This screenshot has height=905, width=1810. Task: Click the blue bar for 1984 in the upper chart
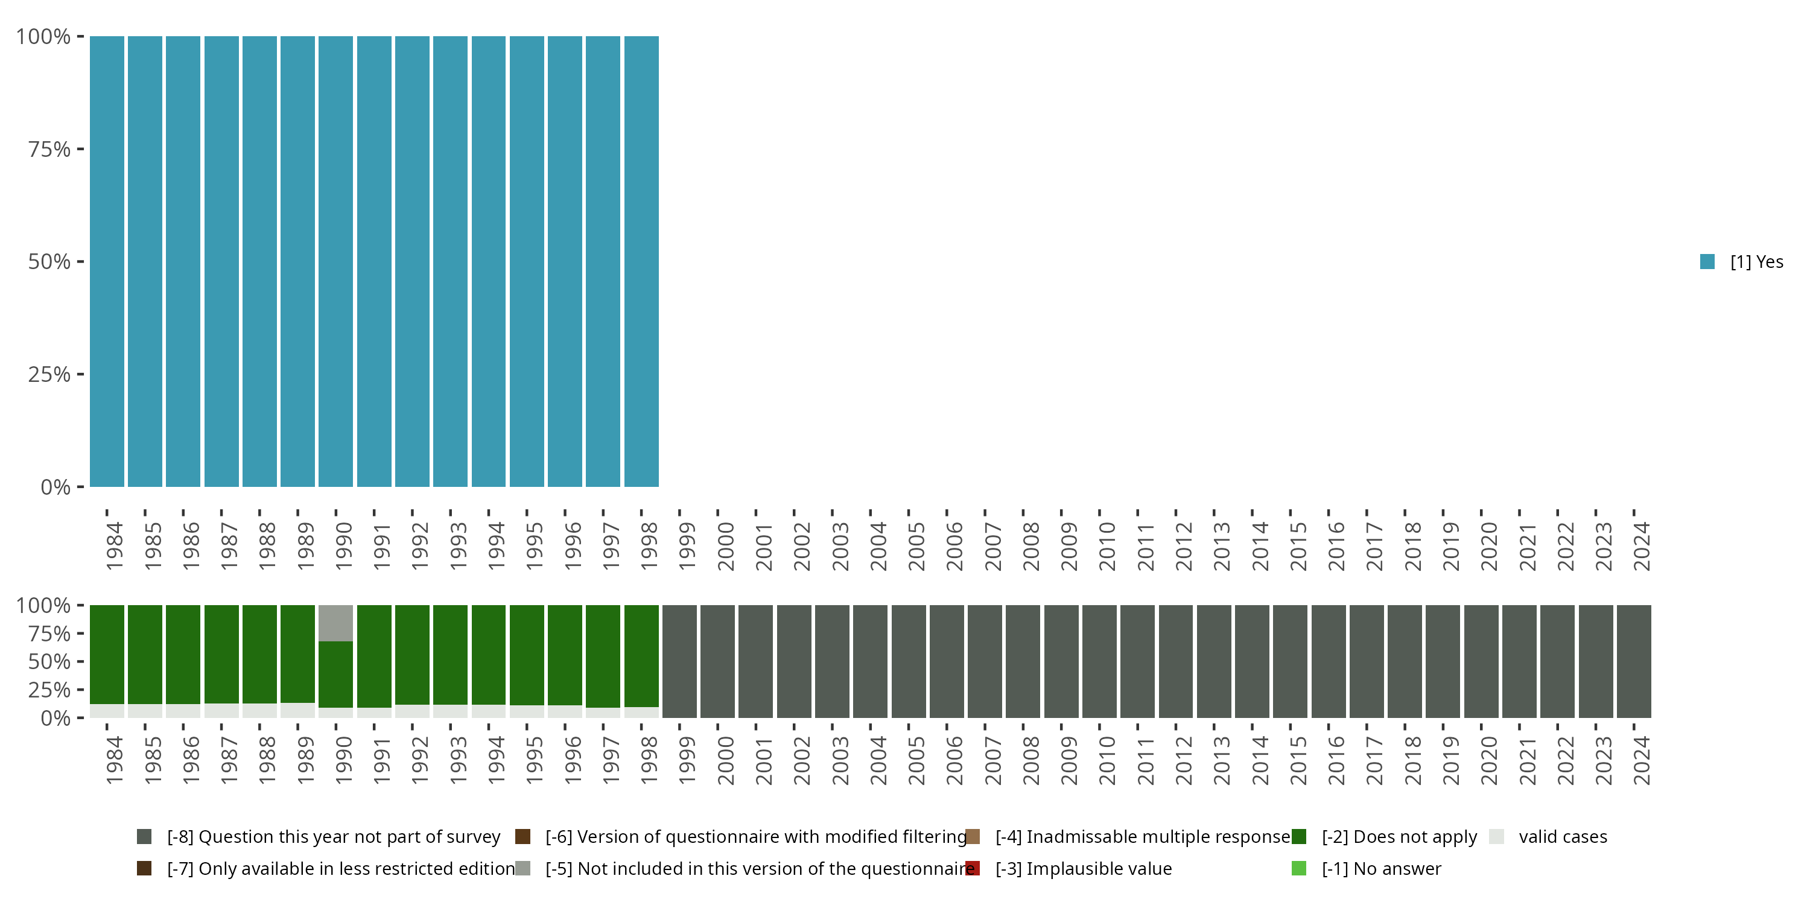pos(107,261)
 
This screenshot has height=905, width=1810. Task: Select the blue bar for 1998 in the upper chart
pos(641,261)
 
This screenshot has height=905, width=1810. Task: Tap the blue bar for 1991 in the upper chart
pos(374,261)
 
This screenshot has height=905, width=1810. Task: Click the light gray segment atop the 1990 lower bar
pos(336,623)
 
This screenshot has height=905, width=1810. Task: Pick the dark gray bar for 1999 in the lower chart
pos(679,661)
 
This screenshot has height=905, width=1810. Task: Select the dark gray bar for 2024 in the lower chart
pos(1634,661)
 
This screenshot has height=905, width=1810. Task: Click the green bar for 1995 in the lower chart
pos(526,655)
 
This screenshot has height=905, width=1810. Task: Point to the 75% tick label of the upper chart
pos(49,149)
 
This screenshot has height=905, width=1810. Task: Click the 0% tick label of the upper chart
pos(56,487)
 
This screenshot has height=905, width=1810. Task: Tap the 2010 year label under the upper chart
pos(1107,547)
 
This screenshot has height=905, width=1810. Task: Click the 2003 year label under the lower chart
pos(840,761)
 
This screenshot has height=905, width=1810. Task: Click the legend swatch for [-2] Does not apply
pos(1298,837)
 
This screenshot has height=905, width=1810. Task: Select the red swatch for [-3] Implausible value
pos(973,868)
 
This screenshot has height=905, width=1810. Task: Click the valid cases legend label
pos(1563,837)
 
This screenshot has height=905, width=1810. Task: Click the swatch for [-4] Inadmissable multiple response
pos(973,837)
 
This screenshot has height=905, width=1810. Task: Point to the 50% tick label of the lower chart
pos(49,661)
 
